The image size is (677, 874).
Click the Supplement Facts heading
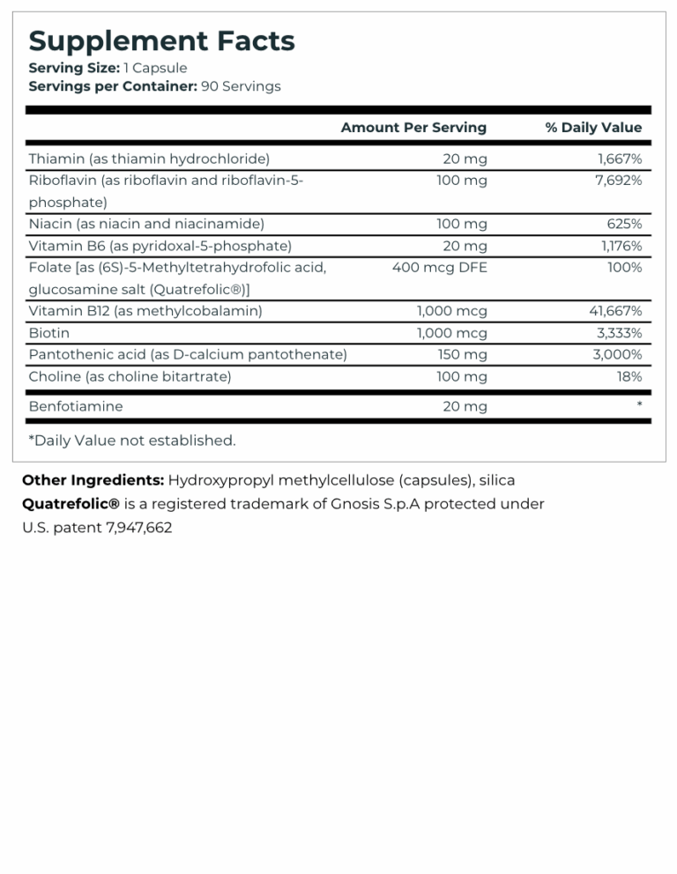(x=161, y=41)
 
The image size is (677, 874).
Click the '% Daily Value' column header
(x=593, y=128)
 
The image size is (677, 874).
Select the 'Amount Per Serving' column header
(x=413, y=128)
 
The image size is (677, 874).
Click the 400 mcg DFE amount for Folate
(x=439, y=268)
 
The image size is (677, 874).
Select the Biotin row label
(x=49, y=333)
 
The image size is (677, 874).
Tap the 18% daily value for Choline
(x=629, y=377)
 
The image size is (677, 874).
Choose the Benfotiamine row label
(x=76, y=406)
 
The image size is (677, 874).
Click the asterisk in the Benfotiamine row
(x=638, y=405)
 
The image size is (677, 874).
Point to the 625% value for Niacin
(x=624, y=224)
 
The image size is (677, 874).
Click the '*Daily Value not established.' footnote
(x=132, y=441)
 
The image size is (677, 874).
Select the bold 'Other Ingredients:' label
(x=93, y=480)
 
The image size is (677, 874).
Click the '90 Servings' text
(x=241, y=86)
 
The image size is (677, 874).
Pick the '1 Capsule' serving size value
(x=155, y=68)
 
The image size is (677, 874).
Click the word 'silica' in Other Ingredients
(x=495, y=480)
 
